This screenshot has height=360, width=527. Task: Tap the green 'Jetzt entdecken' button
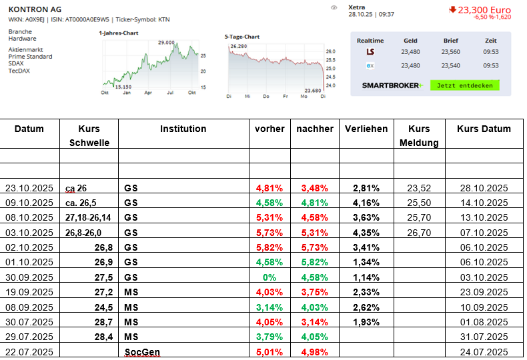click(464, 85)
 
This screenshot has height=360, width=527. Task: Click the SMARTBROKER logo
click(392, 85)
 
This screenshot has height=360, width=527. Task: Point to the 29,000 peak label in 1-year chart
click(166, 43)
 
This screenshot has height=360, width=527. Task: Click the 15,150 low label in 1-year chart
click(123, 87)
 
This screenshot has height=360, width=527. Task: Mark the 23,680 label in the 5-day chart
click(312, 90)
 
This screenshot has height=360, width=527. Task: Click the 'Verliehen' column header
click(366, 129)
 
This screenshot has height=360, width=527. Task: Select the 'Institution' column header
click(183, 129)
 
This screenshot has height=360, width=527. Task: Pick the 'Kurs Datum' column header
click(484, 129)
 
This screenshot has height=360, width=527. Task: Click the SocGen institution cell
click(143, 351)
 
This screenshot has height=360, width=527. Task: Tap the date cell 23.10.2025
click(29, 188)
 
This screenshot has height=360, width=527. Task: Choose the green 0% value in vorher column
click(270, 277)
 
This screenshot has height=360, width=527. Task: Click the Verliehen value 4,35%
click(366, 233)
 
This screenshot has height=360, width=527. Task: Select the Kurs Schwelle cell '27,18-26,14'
click(89, 218)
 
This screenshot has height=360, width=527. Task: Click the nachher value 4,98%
click(314, 351)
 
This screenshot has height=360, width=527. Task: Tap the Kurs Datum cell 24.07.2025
click(484, 351)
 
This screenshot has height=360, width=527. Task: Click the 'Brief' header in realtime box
click(451, 41)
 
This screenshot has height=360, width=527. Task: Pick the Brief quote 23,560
click(451, 52)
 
